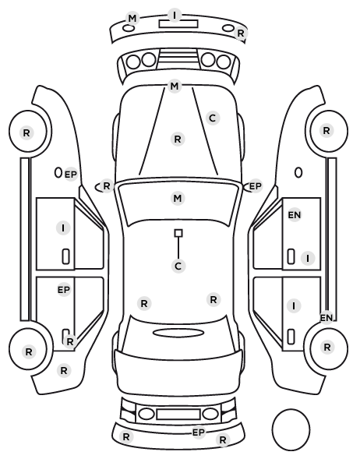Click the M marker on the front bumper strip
pos(132,19)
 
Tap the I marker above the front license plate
pos(175,15)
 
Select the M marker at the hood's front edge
pos(175,86)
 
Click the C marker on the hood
pos(213,118)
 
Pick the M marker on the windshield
pos(178,198)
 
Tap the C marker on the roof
pos(178,266)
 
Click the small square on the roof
pos(178,233)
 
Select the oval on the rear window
pos(178,333)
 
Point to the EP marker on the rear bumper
pos(199,432)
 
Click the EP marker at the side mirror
pos(255,186)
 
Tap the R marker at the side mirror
pos(107,186)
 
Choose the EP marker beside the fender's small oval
pos(71,174)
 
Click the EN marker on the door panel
pos(295,215)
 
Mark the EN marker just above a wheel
pos(326,318)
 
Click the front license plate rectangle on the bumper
pos(178,24)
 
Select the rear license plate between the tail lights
pos(178,414)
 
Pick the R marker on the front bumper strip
pos(241,33)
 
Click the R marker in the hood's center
pos(178,139)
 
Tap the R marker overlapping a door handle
pos(70,342)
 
